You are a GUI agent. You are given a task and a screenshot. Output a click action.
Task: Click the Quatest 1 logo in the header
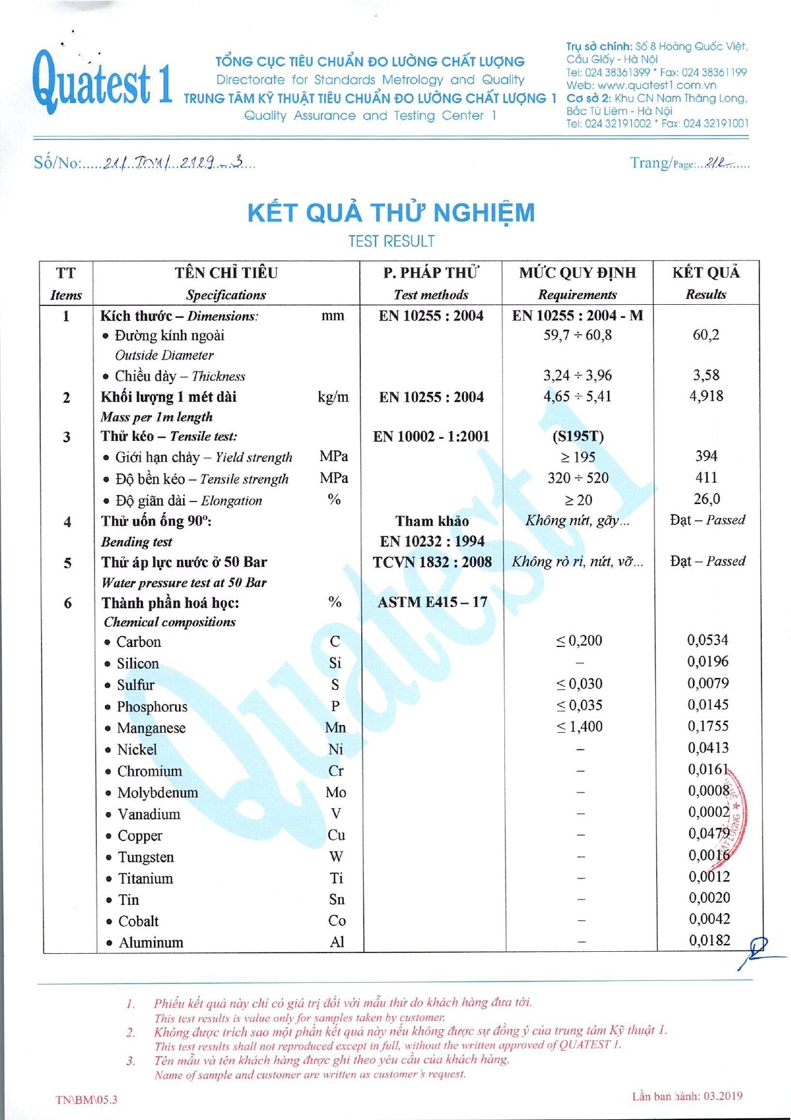pyautogui.click(x=102, y=81)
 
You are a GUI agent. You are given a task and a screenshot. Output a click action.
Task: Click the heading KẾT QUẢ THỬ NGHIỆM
pyautogui.click(x=391, y=213)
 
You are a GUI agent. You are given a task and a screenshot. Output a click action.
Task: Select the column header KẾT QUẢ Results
pyautogui.click(x=706, y=283)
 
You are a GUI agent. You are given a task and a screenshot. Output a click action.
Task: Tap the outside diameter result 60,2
pyautogui.click(x=706, y=334)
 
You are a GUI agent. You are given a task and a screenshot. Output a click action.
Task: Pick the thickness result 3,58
pyautogui.click(x=706, y=375)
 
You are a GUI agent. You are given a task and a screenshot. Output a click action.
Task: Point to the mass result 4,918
pyautogui.click(x=706, y=396)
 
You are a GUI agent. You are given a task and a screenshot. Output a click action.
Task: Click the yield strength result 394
pyautogui.click(x=706, y=456)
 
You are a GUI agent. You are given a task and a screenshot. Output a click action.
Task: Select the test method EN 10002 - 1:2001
pyautogui.click(x=431, y=436)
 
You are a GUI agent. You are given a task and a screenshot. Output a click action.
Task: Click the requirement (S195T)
pyautogui.click(x=578, y=436)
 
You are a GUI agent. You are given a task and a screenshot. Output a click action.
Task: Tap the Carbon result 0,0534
pyautogui.click(x=707, y=640)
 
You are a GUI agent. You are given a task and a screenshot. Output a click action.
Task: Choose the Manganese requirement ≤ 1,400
pyautogui.click(x=579, y=727)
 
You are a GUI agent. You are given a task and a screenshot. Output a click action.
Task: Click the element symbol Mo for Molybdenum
pyautogui.click(x=336, y=792)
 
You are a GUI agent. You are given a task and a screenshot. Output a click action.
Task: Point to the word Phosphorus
pyautogui.click(x=152, y=707)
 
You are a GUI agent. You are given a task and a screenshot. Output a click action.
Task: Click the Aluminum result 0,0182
pyautogui.click(x=709, y=940)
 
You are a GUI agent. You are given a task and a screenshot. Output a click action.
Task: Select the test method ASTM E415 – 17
pyautogui.click(x=432, y=602)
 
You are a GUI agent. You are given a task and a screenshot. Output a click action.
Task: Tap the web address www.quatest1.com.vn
pyautogui.click(x=656, y=85)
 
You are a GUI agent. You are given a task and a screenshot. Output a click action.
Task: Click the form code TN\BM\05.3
pyautogui.click(x=86, y=1099)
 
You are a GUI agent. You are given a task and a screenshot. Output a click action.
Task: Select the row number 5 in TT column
pyautogui.click(x=67, y=563)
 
